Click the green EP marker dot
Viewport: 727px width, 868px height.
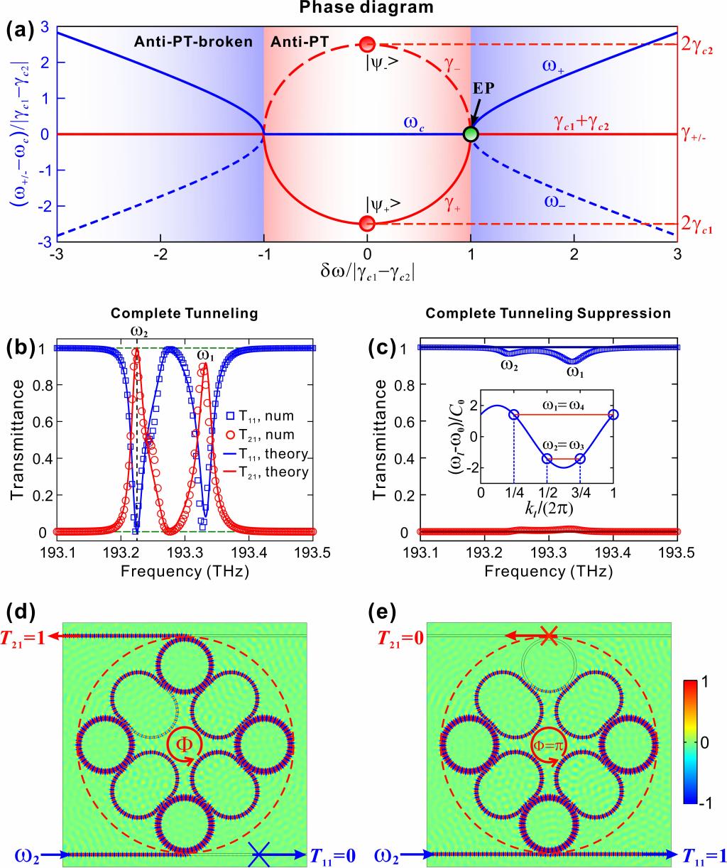tap(470, 134)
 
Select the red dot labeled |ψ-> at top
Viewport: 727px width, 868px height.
tap(367, 45)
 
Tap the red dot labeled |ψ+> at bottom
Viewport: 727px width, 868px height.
tap(367, 223)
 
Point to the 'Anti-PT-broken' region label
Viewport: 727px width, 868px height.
tap(192, 41)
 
